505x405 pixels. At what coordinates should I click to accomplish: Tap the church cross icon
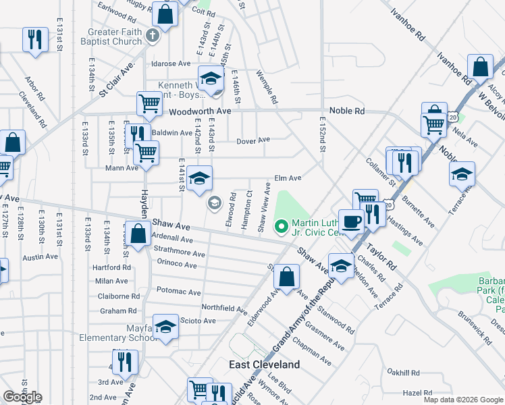[153, 35]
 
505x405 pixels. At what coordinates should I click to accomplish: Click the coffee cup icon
[351, 221]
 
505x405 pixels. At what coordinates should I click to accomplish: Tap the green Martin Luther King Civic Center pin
[282, 227]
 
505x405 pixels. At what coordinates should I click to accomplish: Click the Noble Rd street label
[346, 111]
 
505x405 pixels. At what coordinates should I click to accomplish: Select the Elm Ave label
[287, 179]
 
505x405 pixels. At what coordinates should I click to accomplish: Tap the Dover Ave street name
[253, 140]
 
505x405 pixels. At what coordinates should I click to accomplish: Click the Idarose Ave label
[171, 64]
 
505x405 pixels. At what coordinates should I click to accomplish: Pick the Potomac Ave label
[179, 292]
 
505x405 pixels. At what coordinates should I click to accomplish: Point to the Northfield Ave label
[223, 308]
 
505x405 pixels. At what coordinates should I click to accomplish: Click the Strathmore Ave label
[180, 254]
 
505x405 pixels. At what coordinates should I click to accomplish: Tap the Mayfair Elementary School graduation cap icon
[165, 327]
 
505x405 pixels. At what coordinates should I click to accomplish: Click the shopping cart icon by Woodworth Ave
[150, 104]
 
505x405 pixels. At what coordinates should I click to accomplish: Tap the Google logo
[22, 397]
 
